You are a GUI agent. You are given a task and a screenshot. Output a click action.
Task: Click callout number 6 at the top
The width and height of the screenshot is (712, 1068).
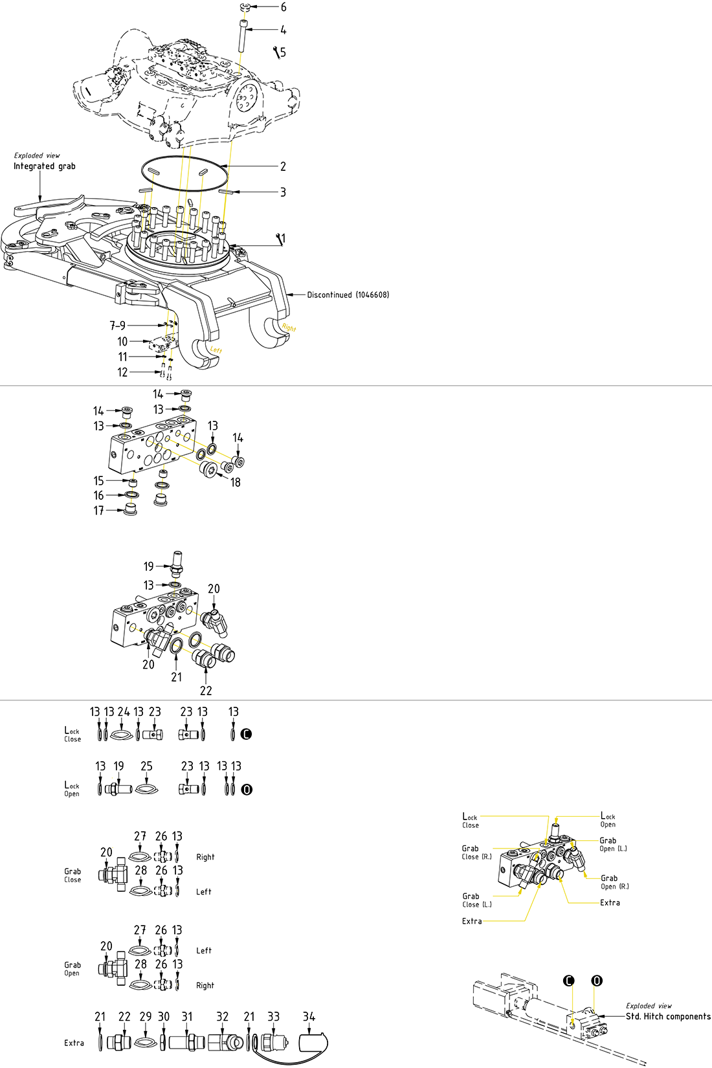click(284, 7)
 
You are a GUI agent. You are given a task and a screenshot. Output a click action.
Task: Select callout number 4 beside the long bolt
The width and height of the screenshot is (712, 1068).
click(284, 30)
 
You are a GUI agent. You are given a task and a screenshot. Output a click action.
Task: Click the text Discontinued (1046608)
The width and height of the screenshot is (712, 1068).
click(348, 295)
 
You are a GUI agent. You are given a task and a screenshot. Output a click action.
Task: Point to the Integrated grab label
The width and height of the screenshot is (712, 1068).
click(45, 166)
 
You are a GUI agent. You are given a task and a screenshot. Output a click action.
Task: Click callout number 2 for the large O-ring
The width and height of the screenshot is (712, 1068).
click(283, 166)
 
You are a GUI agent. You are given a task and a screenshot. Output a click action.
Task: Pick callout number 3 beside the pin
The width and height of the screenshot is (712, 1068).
click(283, 192)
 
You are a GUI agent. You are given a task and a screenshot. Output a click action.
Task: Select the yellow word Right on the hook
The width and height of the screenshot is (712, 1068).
click(289, 328)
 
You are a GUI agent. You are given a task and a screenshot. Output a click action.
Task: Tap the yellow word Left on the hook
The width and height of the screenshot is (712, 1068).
click(216, 350)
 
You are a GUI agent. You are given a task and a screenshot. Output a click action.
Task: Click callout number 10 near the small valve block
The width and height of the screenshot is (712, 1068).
click(122, 341)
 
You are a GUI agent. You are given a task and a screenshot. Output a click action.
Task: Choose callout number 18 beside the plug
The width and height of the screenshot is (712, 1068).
click(236, 482)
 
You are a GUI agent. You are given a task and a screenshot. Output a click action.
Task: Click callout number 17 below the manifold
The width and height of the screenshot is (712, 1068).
click(98, 511)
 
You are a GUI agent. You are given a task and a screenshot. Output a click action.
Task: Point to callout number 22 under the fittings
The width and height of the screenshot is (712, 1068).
click(206, 691)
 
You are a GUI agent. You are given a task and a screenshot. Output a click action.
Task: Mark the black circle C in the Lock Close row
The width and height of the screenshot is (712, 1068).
click(246, 734)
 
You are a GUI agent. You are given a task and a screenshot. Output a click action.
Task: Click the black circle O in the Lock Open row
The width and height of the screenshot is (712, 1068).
click(247, 790)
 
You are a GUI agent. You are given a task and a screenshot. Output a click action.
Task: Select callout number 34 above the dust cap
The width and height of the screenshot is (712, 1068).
click(309, 1017)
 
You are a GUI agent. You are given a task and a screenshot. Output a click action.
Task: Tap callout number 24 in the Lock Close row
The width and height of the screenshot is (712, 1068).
click(124, 712)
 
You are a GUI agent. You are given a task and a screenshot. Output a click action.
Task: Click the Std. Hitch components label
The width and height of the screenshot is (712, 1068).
click(668, 1016)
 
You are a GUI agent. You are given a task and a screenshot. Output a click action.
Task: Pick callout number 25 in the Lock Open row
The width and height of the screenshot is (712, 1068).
click(147, 766)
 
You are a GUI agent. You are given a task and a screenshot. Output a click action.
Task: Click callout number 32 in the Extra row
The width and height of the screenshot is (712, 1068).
click(222, 1017)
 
